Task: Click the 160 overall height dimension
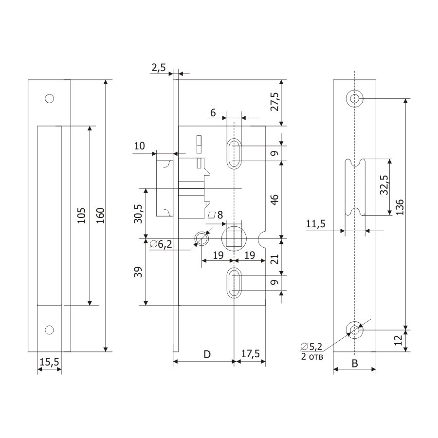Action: [x=100, y=215]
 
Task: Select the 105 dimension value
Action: [x=81, y=215]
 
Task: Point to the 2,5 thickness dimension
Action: [x=158, y=68]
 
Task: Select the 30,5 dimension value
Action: [x=139, y=214]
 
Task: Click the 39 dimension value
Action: [x=139, y=272]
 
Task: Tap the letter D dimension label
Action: [x=206, y=354]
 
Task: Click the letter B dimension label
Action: [x=355, y=363]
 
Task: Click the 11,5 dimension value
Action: [x=316, y=224]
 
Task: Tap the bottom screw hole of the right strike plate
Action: [x=355, y=329]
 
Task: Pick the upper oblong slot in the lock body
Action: [x=235, y=153]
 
